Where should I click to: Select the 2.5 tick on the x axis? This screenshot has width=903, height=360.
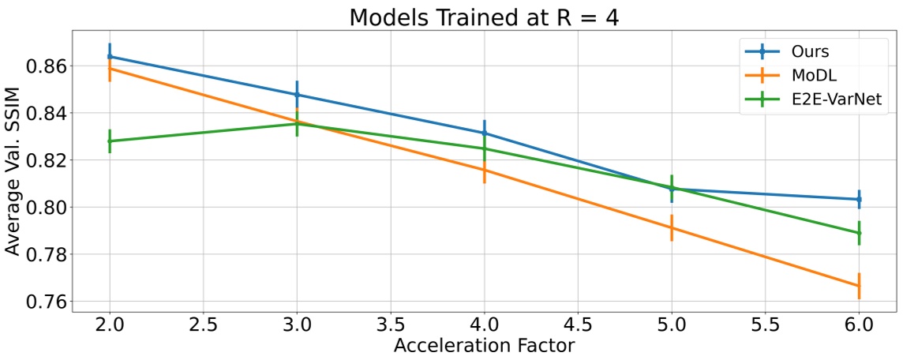[204, 324]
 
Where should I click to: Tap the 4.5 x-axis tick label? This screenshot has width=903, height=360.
[578, 324]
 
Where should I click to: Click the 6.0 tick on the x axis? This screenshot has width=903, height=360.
[859, 324]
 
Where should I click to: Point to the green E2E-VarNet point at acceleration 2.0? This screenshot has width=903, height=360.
[110, 141]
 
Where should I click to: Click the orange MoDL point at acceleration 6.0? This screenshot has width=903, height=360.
[859, 286]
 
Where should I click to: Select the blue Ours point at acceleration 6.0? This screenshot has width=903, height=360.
[859, 200]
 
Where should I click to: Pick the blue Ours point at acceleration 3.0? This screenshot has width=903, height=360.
[297, 95]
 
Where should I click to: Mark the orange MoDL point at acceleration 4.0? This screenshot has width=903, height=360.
[484, 170]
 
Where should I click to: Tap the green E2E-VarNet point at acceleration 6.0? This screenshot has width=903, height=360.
[859, 233]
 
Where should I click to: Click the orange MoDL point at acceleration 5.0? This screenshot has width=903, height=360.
[672, 227]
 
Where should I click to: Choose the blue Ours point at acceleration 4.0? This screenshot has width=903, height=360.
[484, 133]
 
